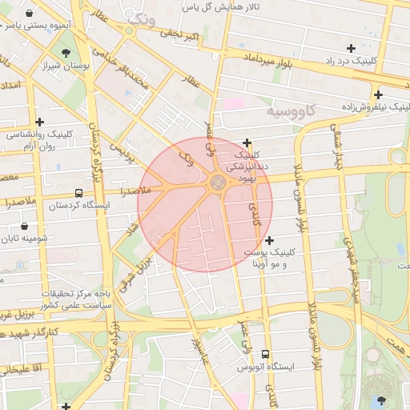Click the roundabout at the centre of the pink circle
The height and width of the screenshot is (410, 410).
[218, 184]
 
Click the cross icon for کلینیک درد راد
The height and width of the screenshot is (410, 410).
[351, 48]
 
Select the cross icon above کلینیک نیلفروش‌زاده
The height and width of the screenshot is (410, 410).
[377, 94]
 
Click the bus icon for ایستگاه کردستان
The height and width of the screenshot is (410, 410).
[78, 193]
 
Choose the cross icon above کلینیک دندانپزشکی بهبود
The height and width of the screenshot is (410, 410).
[247, 142]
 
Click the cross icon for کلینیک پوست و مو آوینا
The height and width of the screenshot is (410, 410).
[269, 239]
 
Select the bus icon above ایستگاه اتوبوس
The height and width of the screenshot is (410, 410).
[266, 354]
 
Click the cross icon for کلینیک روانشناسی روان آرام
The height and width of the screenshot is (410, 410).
[39, 122]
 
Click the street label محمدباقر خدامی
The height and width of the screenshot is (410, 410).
[131, 80]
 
